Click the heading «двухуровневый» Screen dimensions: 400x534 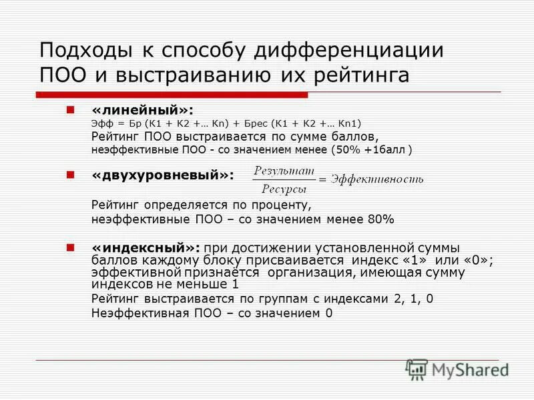[163, 175]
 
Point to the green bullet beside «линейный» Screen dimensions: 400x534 [70, 108]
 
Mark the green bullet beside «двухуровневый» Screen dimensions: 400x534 [70, 174]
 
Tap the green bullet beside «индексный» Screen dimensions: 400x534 [70, 247]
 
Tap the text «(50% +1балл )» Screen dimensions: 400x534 [371, 150]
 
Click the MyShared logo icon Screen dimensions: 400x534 [417, 369]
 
